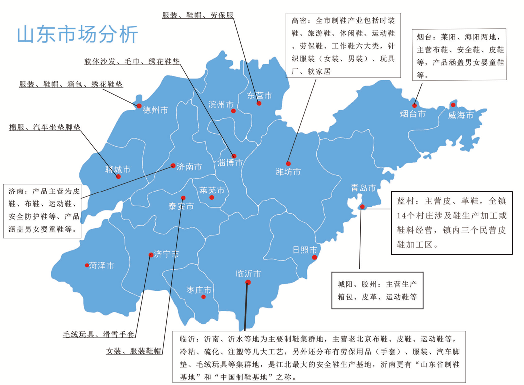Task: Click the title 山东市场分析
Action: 77,35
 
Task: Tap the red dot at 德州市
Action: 139,106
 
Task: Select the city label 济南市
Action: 190,167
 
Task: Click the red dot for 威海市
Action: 453,105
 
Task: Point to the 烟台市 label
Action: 413,114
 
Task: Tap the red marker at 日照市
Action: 315,257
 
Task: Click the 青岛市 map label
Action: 363,188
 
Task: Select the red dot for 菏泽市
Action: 87,265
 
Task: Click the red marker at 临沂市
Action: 248,282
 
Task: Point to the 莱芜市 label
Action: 212,190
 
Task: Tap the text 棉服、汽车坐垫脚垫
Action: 45,127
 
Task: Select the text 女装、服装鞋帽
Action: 134,351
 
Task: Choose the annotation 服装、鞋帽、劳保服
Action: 198,15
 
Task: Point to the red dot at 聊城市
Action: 118,176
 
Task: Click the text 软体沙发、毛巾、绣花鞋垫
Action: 132,62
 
